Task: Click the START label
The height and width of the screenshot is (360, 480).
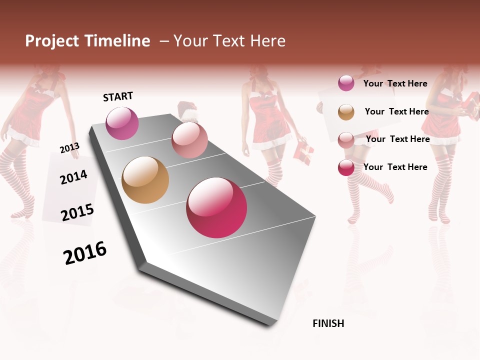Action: (x=118, y=96)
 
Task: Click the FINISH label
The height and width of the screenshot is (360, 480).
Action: (x=328, y=323)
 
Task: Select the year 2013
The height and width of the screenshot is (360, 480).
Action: (x=69, y=148)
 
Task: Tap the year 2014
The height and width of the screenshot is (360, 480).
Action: (x=73, y=177)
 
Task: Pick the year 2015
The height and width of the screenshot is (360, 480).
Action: (x=77, y=212)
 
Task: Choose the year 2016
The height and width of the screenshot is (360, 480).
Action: (x=85, y=253)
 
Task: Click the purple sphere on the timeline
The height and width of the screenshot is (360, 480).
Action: (x=122, y=123)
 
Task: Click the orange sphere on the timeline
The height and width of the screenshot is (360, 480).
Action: (x=145, y=180)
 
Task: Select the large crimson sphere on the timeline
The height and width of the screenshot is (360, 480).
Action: (x=216, y=207)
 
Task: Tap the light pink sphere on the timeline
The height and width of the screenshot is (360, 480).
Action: (x=189, y=140)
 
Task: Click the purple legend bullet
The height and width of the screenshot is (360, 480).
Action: (x=346, y=83)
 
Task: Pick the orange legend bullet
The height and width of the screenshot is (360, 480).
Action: (x=346, y=112)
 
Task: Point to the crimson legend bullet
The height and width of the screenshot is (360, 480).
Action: (x=346, y=167)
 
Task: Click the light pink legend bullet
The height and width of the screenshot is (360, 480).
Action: (x=346, y=139)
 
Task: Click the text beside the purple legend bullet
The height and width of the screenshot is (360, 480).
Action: (x=395, y=83)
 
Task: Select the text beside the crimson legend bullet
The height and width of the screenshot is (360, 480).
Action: (x=395, y=167)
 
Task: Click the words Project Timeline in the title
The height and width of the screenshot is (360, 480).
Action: (x=87, y=41)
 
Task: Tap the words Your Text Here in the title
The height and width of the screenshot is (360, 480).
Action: (x=229, y=41)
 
